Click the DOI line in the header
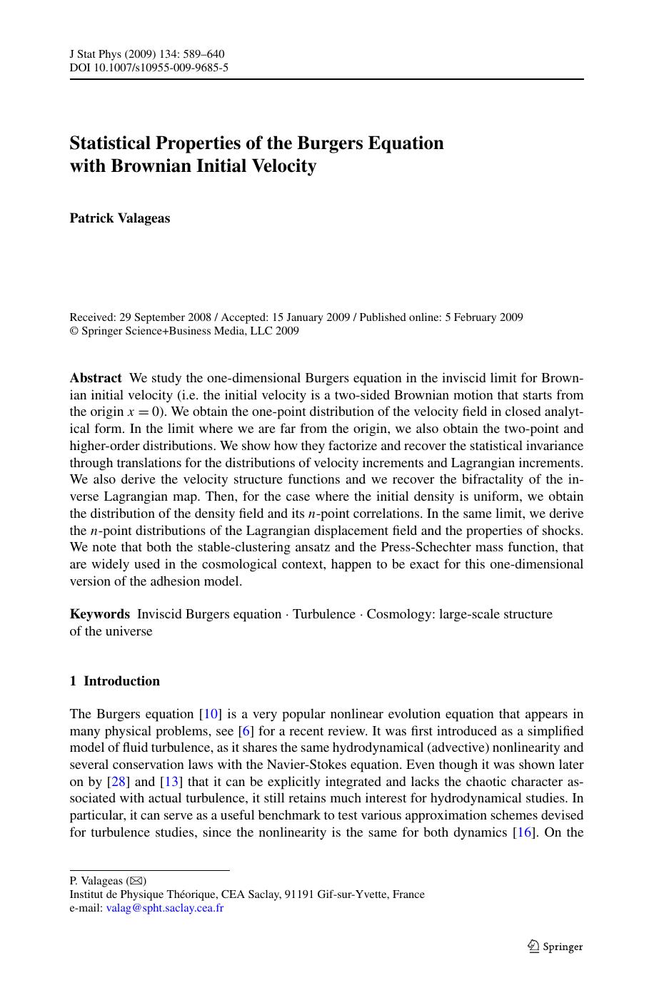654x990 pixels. [x=149, y=68]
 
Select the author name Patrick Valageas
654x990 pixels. [x=120, y=218]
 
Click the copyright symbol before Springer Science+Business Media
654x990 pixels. [x=74, y=331]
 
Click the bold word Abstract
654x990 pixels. [x=96, y=378]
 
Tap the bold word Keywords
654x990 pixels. [x=99, y=614]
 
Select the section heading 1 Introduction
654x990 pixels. [x=114, y=681]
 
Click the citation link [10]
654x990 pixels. [x=211, y=714]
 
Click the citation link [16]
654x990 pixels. [x=525, y=832]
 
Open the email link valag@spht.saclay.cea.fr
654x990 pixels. [x=164, y=909]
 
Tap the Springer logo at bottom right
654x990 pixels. [x=555, y=946]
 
